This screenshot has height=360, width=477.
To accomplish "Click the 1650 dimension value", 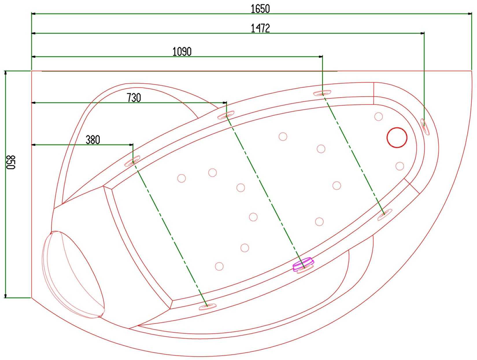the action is tap(260, 9).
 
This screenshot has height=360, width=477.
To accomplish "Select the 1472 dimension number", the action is tap(260, 28).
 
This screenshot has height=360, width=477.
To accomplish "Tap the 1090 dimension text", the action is tap(182, 52).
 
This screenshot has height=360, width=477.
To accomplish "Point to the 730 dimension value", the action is tap(134, 98).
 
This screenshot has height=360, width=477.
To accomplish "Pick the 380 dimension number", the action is tap(93, 140).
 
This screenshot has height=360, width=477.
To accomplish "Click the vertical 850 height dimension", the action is tap(11, 162).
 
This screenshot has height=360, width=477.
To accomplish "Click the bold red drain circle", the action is tap(397, 137).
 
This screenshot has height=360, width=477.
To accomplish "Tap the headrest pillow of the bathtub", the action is tap(73, 275).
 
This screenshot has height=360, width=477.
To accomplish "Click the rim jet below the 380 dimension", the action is tap(132, 161).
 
